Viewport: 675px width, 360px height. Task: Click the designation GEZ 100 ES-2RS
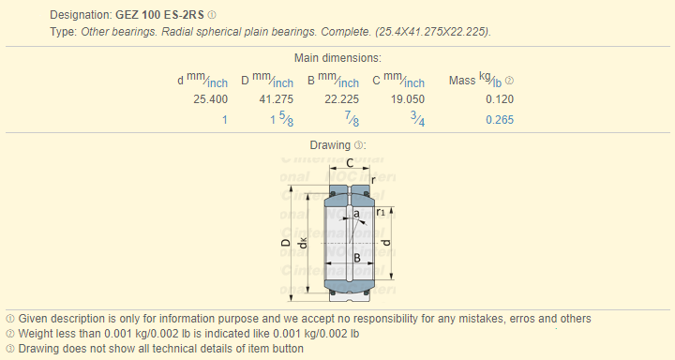(159, 15)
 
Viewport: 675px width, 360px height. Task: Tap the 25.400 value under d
(211, 99)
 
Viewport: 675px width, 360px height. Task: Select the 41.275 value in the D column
(277, 99)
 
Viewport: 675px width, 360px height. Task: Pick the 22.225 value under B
(342, 99)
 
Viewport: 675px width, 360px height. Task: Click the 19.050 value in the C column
(408, 99)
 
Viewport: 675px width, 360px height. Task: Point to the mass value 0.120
(500, 99)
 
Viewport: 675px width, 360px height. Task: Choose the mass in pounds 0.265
(500, 120)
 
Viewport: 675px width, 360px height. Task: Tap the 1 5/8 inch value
(282, 118)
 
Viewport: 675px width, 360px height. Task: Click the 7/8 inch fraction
(352, 118)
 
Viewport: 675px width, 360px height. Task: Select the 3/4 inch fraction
(417, 118)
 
